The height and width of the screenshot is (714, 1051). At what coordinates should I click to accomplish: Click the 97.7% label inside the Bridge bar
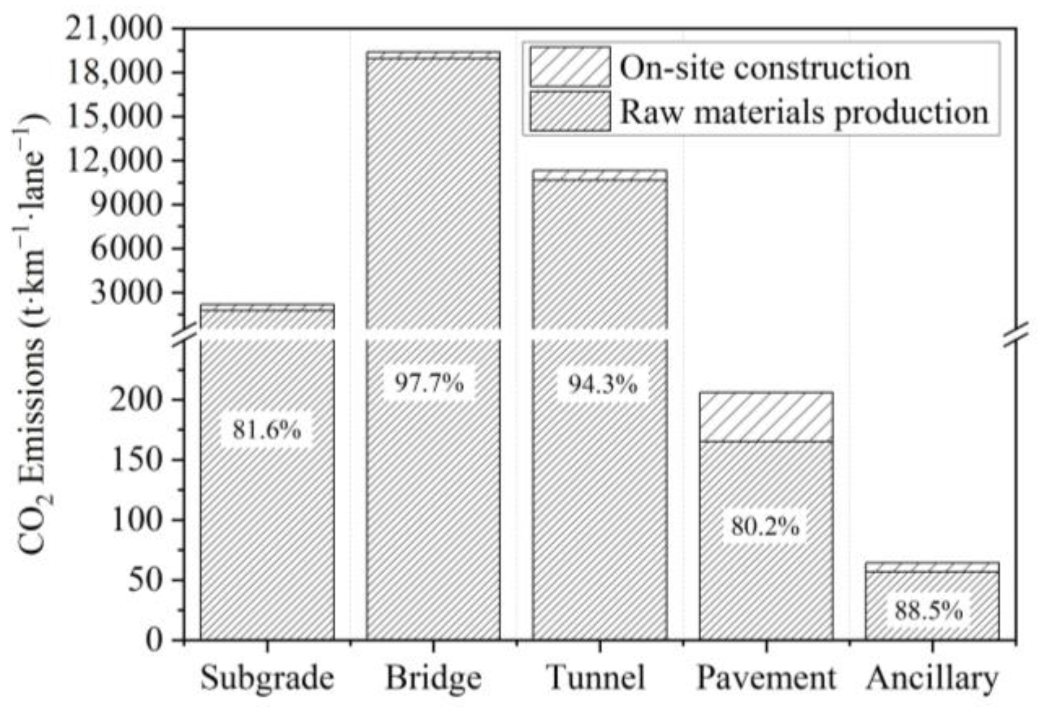(x=428, y=383)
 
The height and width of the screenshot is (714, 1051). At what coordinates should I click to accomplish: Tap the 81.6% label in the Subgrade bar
(x=266, y=430)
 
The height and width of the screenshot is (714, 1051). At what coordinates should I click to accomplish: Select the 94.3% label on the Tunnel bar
(x=602, y=384)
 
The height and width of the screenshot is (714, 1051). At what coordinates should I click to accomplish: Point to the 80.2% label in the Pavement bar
(x=765, y=526)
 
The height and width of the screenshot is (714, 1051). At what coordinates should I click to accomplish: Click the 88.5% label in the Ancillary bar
(x=929, y=611)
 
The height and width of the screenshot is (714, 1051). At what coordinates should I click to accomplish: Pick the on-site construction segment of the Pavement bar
(x=766, y=417)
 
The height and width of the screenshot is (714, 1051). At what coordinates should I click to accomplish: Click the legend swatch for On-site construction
(x=570, y=67)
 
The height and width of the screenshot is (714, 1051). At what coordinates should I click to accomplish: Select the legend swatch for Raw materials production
(x=570, y=112)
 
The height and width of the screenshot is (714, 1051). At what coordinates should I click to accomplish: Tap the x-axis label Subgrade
(x=267, y=678)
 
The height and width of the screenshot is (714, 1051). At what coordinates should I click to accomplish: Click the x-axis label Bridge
(x=433, y=678)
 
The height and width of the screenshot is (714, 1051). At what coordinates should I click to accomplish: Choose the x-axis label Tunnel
(x=596, y=677)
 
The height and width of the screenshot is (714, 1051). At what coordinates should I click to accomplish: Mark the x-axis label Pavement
(x=766, y=678)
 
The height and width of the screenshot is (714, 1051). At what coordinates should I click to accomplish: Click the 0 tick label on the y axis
(x=154, y=640)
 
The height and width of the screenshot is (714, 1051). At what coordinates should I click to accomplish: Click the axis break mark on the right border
(x=1016, y=335)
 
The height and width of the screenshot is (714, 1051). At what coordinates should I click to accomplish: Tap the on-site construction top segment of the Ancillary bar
(x=931, y=567)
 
